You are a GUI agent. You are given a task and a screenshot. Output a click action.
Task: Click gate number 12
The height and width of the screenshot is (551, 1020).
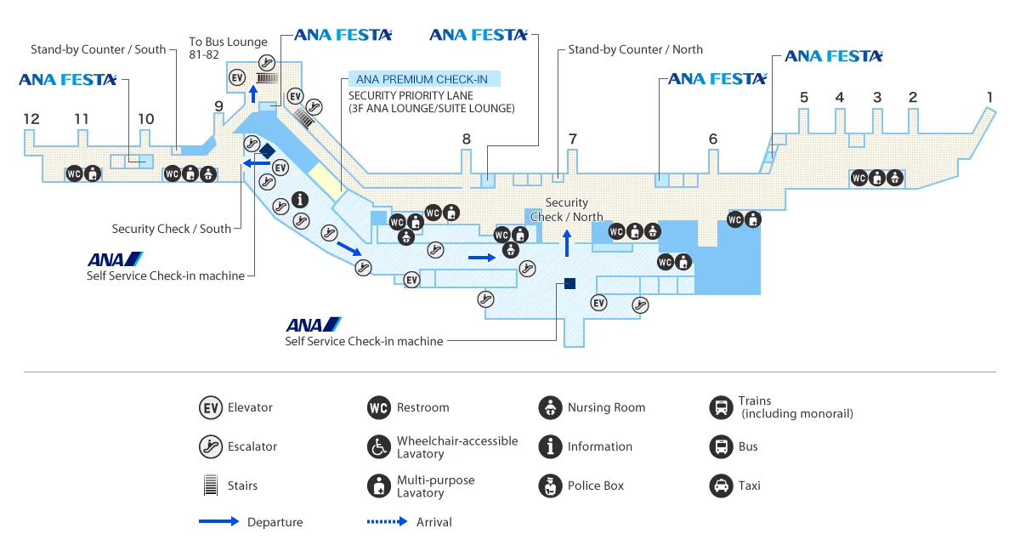point(31,119)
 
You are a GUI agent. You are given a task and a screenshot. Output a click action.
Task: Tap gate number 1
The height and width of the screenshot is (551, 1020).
point(989,97)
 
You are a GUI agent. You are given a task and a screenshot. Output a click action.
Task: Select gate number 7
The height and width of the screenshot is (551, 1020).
point(573,139)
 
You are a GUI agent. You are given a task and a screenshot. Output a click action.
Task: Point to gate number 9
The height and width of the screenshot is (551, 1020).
point(218,106)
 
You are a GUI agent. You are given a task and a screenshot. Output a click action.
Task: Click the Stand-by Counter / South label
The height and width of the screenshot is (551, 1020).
point(99,49)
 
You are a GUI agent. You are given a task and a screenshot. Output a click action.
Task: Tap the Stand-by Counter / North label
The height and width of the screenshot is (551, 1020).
point(636,49)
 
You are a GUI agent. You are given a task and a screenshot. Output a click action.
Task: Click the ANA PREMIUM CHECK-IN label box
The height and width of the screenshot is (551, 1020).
point(422,79)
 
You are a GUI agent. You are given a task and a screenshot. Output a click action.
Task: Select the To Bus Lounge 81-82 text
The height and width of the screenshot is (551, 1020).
point(228,48)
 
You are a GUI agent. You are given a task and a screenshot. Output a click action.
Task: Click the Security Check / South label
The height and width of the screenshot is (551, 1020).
point(172,229)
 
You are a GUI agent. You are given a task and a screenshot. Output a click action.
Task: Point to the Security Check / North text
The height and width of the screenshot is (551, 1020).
point(567,209)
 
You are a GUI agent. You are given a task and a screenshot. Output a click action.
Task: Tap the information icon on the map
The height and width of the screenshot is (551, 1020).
point(299,200)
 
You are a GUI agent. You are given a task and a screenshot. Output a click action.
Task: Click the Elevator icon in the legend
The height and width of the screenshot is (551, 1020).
point(210,407)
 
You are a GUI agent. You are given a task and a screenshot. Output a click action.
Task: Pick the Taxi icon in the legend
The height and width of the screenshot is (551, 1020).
point(721,486)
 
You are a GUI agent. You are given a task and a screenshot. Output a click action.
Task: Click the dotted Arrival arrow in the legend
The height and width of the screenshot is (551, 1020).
point(387,522)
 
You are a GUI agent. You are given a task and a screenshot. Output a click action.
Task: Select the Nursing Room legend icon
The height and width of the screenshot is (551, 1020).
point(550,407)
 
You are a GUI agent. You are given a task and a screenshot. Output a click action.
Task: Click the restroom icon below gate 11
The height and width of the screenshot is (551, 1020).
point(74,174)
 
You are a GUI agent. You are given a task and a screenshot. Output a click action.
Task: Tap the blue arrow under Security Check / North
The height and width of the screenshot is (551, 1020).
point(567,243)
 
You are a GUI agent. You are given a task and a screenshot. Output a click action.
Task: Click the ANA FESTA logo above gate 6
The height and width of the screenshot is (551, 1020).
point(717,79)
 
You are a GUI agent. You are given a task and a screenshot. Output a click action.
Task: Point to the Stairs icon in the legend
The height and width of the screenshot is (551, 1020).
point(210,486)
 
